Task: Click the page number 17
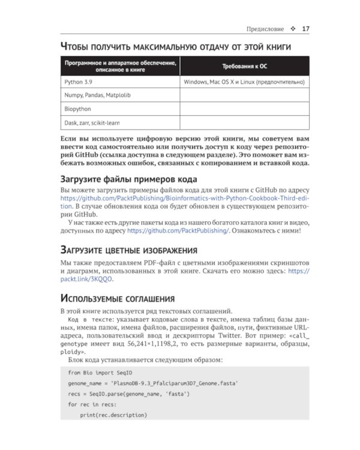(x=305, y=28)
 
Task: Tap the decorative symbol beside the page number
(x=293, y=29)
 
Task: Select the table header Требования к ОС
(x=245, y=66)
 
